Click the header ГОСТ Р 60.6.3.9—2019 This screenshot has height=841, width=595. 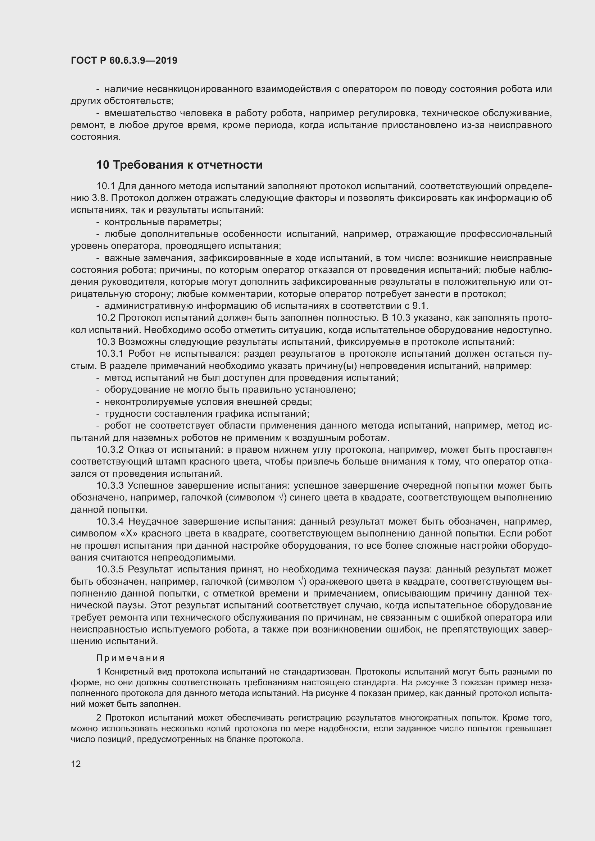[x=124, y=60]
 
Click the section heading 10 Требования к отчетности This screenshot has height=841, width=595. [x=180, y=165]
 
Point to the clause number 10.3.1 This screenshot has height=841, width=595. [x=112, y=354]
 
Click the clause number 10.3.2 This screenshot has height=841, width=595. [x=112, y=449]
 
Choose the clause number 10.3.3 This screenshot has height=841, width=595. [x=112, y=486]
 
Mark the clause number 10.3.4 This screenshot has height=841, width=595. [x=112, y=522]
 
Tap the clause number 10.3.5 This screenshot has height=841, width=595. [x=112, y=570]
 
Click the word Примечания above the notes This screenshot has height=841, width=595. [x=131, y=658]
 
